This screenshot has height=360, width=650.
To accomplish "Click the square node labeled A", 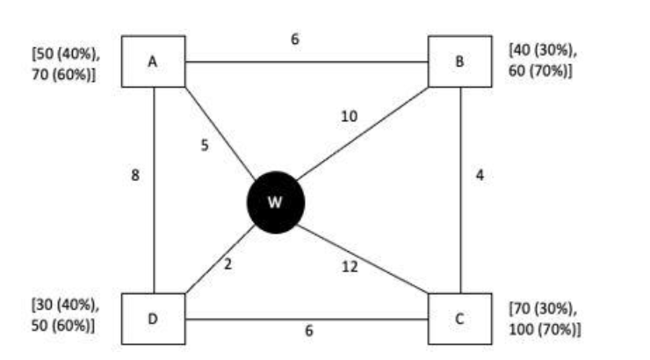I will [x=153, y=61].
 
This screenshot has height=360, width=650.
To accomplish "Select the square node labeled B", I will [x=459, y=61].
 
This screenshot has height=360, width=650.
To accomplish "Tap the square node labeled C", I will [x=459, y=318].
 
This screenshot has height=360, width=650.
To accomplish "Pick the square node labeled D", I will [x=153, y=318].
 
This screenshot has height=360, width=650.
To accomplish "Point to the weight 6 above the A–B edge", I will [x=295, y=40].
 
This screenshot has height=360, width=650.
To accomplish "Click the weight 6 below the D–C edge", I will [x=308, y=331].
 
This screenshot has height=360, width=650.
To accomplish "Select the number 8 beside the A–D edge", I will [x=135, y=176].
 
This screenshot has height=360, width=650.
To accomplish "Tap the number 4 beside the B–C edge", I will [x=479, y=176].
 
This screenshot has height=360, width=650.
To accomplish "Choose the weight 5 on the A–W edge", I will [x=205, y=146].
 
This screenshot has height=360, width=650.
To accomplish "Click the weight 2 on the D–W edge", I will [x=227, y=264].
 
